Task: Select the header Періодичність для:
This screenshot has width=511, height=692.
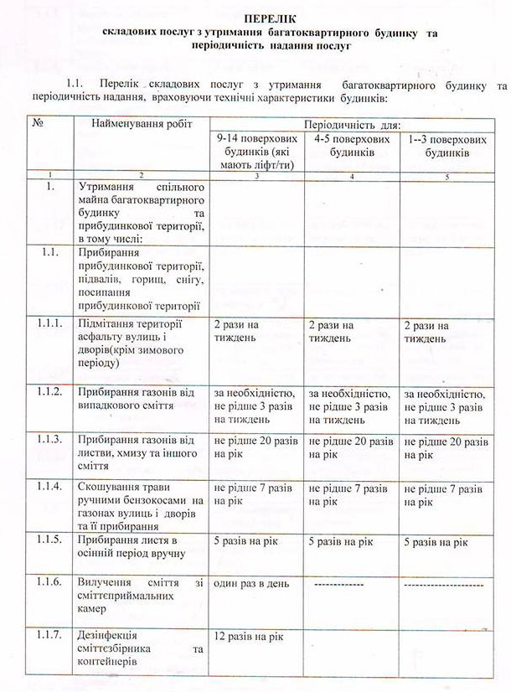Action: click(x=351, y=123)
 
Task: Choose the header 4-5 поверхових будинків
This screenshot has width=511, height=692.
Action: click(x=351, y=144)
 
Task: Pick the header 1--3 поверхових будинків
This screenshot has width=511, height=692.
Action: click(x=445, y=144)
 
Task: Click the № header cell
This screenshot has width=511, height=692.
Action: click(x=39, y=123)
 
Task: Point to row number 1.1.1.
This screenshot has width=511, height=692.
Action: click(x=50, y=324)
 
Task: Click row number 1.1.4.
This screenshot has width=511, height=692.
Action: click(x=50, y=486)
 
